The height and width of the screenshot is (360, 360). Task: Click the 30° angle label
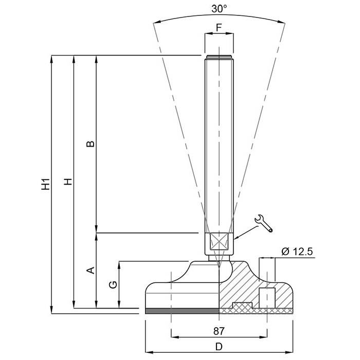tap(219, 9)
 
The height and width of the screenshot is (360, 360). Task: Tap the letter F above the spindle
tap(219, 28)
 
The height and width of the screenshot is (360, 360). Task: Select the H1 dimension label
tap(45, 184)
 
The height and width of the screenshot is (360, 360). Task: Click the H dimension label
tap(68, 182)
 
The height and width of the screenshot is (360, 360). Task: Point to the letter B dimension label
tap(91, 144)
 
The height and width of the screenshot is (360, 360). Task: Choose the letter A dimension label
tap(91, 270)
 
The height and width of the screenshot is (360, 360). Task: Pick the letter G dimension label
tap(113, 285)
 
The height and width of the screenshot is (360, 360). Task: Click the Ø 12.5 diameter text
tap(297, 251)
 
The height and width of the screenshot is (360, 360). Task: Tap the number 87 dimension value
tap(219, 331)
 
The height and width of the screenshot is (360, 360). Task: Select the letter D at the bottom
tap(219, 347)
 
